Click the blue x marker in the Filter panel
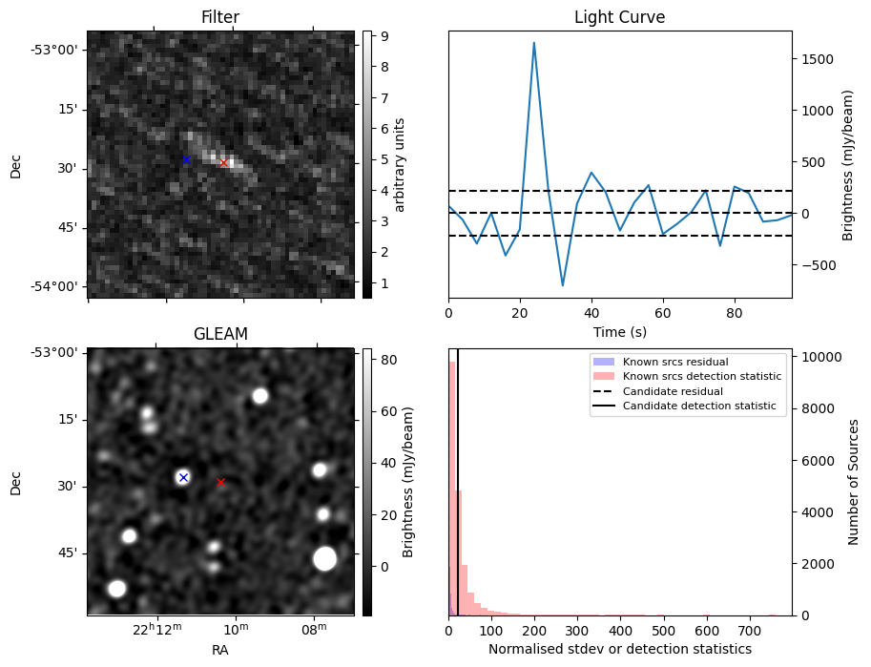[186, 159]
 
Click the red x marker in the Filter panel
[223, 162]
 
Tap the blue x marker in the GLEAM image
[183, 477]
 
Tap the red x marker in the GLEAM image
[220, 482]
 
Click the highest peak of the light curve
[534, 42]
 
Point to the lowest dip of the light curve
[563, 285]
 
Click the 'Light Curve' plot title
[619, 17]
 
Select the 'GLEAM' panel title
[220, 334]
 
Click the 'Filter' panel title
[220, 17]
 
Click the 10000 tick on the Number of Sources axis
[819, 357]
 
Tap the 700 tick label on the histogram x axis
[707, 631]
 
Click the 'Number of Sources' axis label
[854, 482]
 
